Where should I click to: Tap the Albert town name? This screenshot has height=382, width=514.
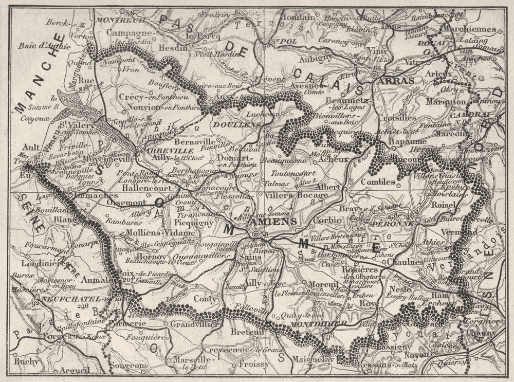pyautogui.click(x=329, y=186)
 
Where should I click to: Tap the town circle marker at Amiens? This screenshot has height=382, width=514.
pyautogui.click(x=255, y=234)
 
